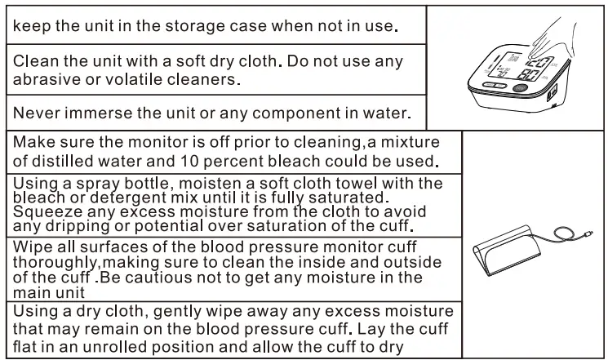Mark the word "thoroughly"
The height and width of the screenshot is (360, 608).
[57, 262]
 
